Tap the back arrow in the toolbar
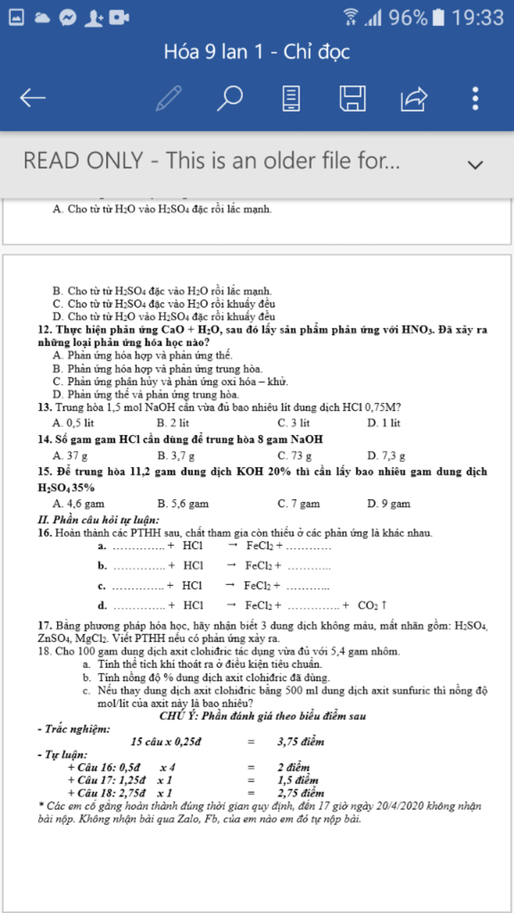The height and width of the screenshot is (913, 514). point(33,98)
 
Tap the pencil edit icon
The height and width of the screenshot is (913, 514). point(169,98)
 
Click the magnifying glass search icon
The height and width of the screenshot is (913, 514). point(230,98)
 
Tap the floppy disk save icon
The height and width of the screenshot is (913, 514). point(352,98)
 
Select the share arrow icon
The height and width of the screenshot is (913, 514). point(414,98)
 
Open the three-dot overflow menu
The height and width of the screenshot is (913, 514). point(475,98)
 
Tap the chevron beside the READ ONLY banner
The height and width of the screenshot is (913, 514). point(475,165)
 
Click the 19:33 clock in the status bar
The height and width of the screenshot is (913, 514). point(477,18)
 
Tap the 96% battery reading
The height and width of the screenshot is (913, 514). point(408,18)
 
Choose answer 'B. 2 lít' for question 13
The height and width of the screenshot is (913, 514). point(173,423)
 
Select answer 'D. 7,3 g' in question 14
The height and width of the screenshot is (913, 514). point(386,455)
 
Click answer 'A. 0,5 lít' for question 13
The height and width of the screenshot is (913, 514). point(73,423)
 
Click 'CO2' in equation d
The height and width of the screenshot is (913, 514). point(367,605)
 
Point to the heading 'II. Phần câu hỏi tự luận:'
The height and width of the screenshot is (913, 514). point(98,520)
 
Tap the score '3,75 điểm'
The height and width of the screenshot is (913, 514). point(301,741)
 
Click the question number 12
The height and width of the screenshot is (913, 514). point(44,330)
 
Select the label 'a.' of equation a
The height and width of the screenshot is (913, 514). point(102,546)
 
